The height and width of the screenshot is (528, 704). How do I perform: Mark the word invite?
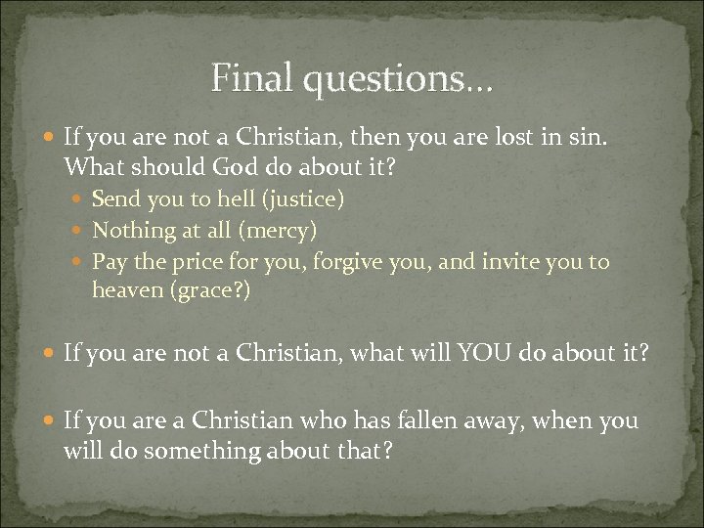click(x=508, y=263)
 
